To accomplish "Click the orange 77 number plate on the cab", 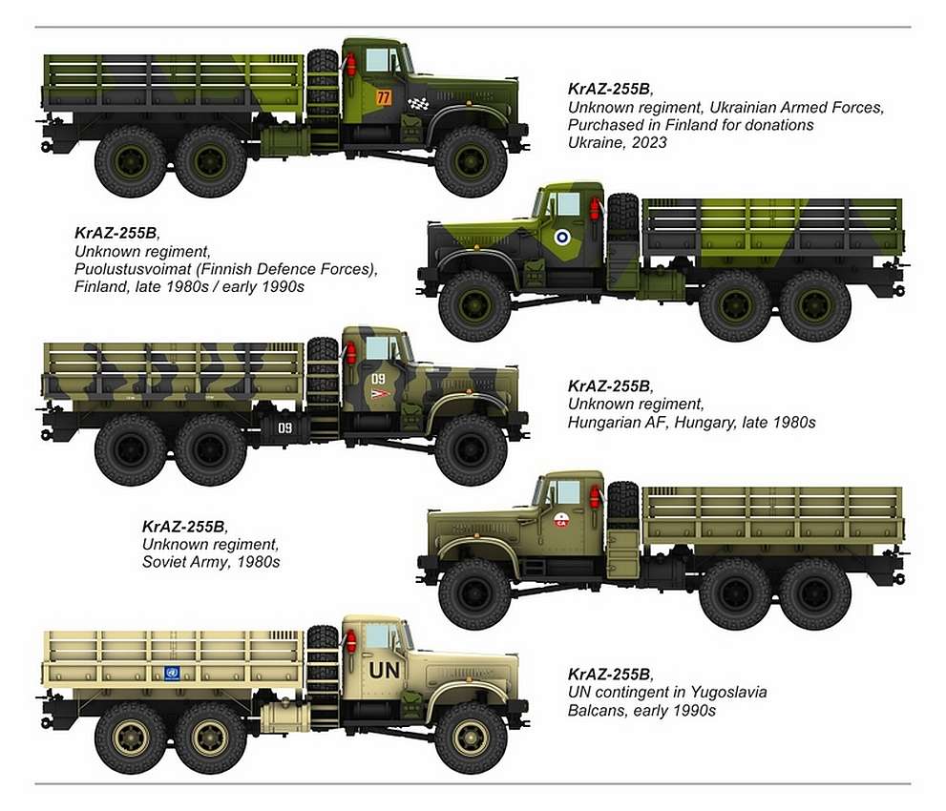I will [384, 97].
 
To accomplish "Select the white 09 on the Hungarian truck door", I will [379, 379].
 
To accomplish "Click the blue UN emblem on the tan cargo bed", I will [173, 673].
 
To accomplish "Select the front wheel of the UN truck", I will [471, 738].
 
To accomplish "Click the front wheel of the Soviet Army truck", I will [474, 593].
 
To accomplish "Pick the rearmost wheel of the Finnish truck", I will [814, 305].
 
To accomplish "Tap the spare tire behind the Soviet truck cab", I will [621, 507].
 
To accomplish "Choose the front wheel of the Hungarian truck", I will [471, 448].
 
